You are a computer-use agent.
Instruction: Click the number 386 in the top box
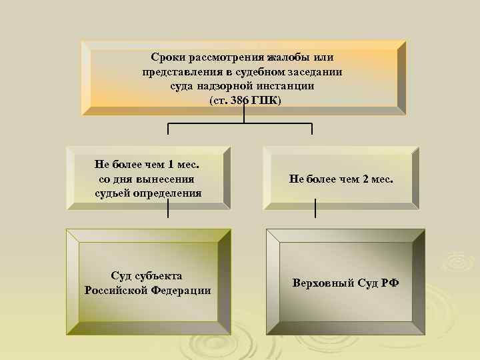pyautogui.click(x=238, y=100)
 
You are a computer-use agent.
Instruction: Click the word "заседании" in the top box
pyautogui.click(x=316, y=72)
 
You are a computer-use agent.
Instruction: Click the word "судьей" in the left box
pyautogui.click(x=116, y=193)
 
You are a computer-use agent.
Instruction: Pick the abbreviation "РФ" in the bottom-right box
pyautogui.click(x=391, y=283)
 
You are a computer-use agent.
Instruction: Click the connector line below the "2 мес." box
pyautogui.click(x=315, y=209)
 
